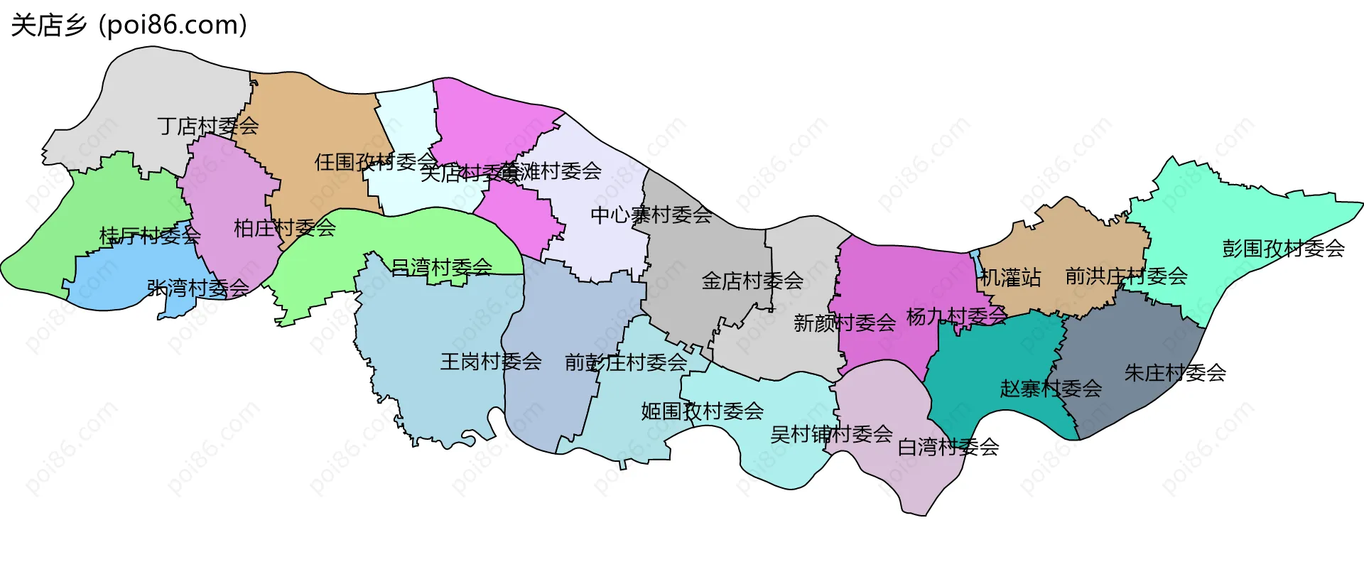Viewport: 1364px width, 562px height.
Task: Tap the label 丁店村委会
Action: click(x=208, y=126)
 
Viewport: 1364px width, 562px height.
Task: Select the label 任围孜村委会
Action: click(x=374, y=162)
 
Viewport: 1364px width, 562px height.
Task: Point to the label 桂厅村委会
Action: click(x=150, y=235)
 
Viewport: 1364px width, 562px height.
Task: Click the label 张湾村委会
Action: click(x=197, y=288)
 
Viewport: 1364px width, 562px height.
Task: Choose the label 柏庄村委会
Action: click(x=284, y=228)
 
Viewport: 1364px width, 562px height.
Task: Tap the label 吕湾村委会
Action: click(x=441, y=267)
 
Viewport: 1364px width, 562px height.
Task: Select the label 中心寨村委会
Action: click(x=651, y=215)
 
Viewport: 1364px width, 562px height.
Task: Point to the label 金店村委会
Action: click(x=752, y=281)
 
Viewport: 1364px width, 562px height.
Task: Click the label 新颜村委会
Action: click(x=844, y=323)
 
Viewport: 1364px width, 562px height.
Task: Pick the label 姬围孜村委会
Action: click(x=702, y=411)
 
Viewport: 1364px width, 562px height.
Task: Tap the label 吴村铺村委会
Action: click(x=831, y=434)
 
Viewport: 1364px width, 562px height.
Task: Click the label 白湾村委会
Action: click(x=948, y=447)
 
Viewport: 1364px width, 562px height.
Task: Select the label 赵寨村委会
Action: click(x=1051, y=389)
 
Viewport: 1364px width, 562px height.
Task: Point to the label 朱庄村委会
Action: click(x=1175, y=373)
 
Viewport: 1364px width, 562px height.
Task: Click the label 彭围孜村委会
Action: click(x=1283, y=249)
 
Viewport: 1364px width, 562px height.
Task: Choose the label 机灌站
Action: click(x=1010, y=278)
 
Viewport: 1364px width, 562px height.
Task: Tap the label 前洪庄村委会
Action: click(x=1126, y=276)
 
